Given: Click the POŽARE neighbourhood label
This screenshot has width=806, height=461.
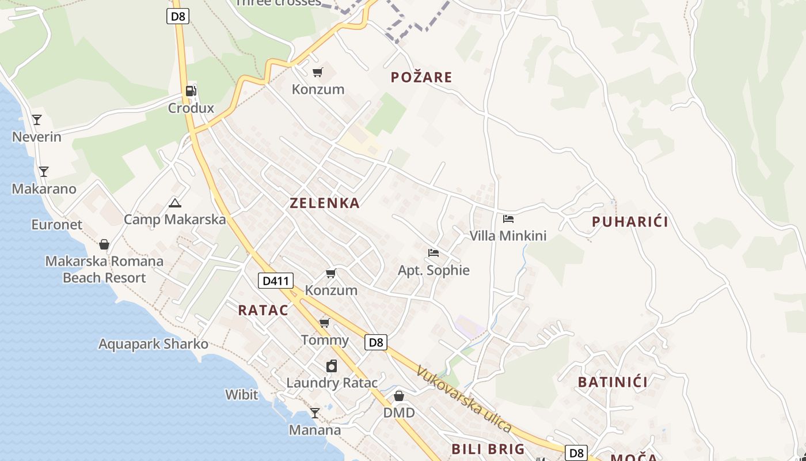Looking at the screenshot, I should coord(421,77).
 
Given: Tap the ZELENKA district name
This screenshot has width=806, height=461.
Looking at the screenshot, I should coord(325,203).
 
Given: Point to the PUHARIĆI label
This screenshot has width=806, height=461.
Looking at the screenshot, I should coord(630,222).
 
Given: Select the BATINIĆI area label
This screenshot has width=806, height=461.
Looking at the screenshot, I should coord(613,382).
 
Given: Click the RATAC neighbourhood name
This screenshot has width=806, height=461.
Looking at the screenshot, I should coord(263,310).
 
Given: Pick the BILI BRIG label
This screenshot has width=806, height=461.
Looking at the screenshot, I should coord(488,449).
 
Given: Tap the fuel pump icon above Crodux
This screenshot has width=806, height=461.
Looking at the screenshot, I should coord(191,90).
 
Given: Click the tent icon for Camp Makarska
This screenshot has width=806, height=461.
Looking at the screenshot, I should coord(174,202).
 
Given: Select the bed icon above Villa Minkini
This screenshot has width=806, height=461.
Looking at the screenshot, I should coord(508,218).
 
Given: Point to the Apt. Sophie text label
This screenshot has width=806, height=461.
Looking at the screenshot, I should coord(434,270).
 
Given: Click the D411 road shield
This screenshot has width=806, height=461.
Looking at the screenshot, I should coord(275,281).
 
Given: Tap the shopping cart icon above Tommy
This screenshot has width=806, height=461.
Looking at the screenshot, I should coord(325,323).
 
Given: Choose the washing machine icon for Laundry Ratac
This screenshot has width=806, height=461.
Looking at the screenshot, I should coord(332,366).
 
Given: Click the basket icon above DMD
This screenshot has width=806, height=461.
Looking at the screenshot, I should coord(399,396).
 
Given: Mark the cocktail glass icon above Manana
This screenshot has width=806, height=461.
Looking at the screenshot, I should coord(314,413).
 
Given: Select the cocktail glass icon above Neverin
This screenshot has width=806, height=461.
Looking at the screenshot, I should coord(37,119).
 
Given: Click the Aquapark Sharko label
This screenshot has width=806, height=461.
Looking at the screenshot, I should coord(153,344).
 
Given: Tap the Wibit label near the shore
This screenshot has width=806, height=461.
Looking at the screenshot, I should coord(242,395).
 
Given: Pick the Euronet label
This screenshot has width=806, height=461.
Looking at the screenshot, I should coord(57,224).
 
